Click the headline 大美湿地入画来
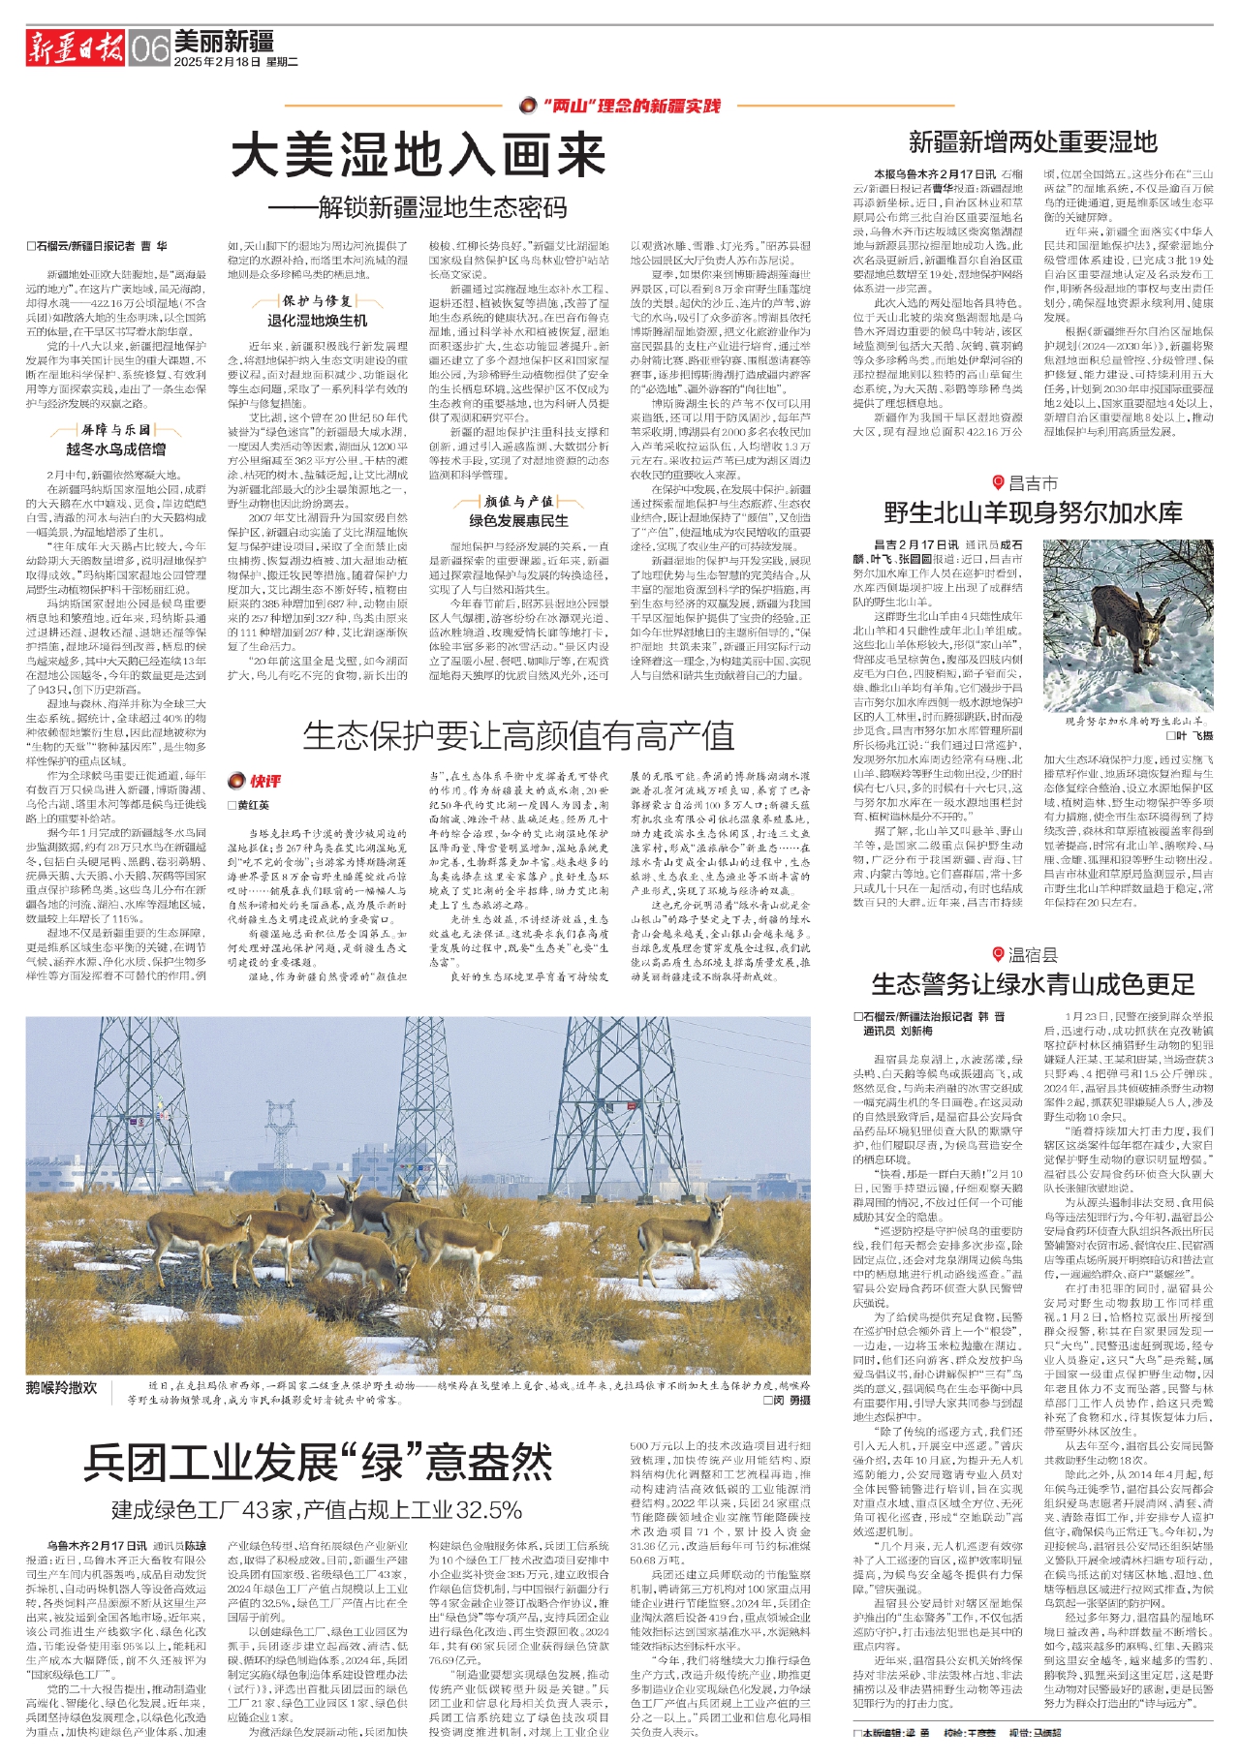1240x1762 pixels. (x=418, y=155)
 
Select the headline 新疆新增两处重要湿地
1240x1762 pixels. (x=1033, y=142)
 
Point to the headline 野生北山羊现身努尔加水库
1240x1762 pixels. (x=1033, y=512)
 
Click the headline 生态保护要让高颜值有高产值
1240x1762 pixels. (x=518, y=737)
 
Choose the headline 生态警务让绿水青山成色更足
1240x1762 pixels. (x=1033, y=985)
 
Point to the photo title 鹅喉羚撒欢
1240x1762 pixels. (x=63, y=1388)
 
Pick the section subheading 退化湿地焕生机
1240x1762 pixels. (x=317, y=320)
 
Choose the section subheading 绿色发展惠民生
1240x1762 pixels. (x=518, y=520)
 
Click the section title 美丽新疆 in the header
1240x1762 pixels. (x=224, y=41)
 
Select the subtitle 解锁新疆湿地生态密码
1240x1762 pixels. (x=431, y=207)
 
